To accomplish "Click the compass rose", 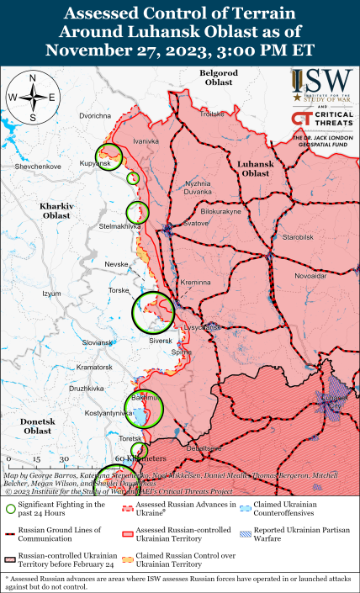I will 32,98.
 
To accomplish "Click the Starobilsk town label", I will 298,237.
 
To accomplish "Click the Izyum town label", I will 52,294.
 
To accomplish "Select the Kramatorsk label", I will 94,368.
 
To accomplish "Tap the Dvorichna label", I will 96,114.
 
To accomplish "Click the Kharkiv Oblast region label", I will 56,210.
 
